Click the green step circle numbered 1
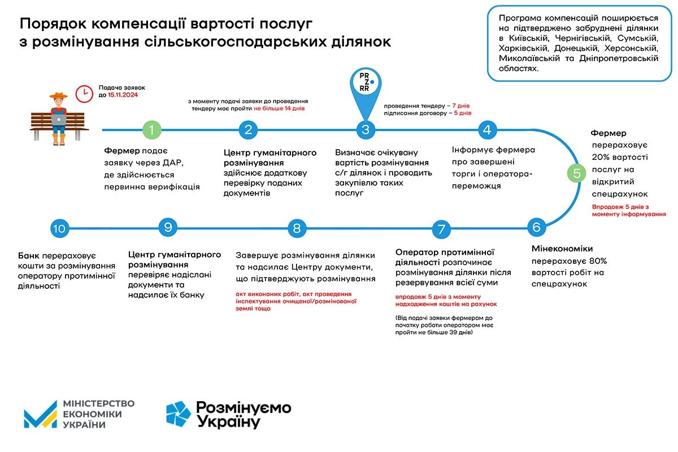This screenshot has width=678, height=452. (151, 130)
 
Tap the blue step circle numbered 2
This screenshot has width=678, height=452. (248, 130)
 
